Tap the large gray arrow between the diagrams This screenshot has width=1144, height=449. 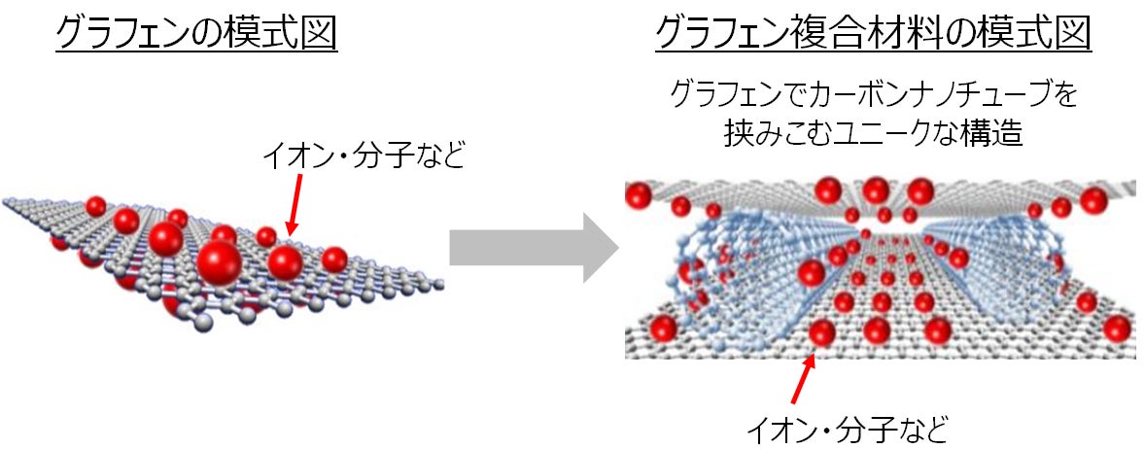tap(534, 249)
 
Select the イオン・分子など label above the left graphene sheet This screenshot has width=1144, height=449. tap(365, 156)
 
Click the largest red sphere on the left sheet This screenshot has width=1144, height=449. tap(220, 260)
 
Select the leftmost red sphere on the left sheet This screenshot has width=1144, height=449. tap(95, 206)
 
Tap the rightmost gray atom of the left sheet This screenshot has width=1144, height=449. tap(439, 285)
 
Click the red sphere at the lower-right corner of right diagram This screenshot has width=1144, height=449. tap(1117, 328)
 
